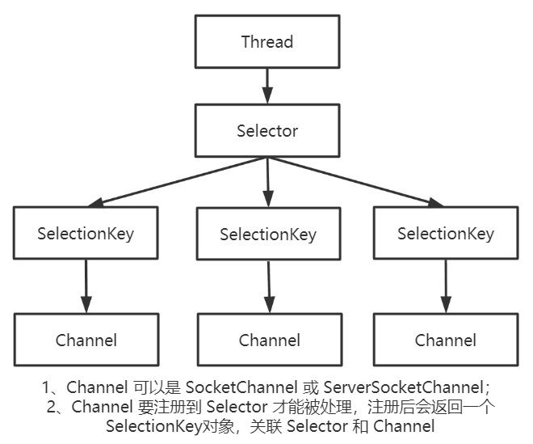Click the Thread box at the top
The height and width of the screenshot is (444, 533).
coord(266,40)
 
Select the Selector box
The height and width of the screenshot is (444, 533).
coord(266,131)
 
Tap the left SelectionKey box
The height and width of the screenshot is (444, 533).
coord(86,234)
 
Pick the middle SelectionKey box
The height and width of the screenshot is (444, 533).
coord(267,235)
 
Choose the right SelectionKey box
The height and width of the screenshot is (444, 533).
coord(446,234)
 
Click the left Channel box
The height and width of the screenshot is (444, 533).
coord(86,340)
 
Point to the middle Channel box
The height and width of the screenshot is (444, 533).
coord(269,340)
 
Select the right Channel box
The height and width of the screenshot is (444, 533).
coord(446,340)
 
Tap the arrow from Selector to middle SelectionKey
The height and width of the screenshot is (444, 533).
coord(267,181)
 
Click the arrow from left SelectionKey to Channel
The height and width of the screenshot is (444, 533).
coord(86,287)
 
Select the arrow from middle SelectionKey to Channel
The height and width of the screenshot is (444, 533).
coord(269,288)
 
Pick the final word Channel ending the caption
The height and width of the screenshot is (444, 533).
coord(404,426)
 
